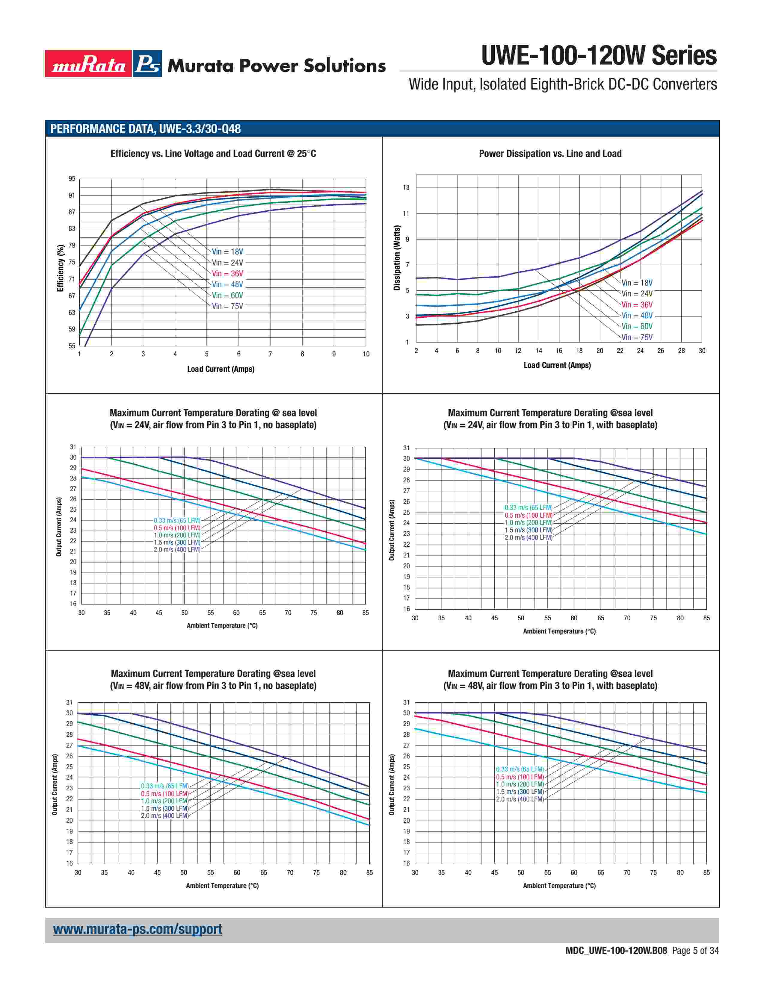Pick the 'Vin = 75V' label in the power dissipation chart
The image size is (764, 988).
click(637, 337)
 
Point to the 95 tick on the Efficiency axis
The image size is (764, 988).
click(72, 179)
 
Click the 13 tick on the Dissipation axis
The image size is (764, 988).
click(406, 187)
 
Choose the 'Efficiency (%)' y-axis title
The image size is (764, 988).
click(60, 268)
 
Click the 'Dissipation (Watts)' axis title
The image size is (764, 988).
click(397, 258)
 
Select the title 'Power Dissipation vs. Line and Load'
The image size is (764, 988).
click(550, 154)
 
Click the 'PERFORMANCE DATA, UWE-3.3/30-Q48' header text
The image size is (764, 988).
click(145, 129)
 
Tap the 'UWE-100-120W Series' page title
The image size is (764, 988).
click(599, 56)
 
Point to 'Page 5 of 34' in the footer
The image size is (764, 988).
click(695, 951)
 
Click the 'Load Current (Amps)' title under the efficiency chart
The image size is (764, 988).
click(221, 369)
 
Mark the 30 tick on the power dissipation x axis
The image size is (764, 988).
click(702, 351)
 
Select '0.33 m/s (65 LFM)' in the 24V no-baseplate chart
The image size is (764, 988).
click(177, 520)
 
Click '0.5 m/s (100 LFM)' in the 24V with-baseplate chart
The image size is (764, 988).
click(529, 515)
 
